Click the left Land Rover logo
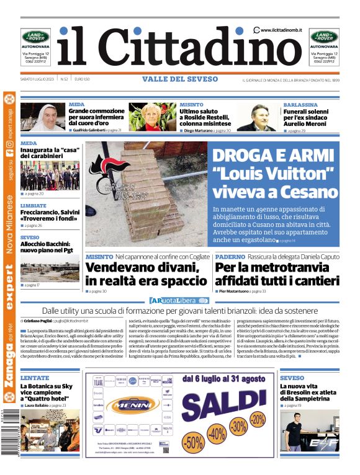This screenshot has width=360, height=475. [35, 37]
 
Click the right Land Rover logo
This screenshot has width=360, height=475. [325, 37]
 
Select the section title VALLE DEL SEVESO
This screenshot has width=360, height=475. [180, 79]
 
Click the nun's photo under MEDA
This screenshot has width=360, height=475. [49, 117]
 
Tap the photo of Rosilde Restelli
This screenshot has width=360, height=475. [152, 117]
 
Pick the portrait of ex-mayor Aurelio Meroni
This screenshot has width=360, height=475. [256, 117]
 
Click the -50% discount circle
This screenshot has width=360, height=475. [193, 442]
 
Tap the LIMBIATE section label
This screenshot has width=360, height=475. [33, 205]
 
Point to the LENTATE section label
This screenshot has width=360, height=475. [34, 377]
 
